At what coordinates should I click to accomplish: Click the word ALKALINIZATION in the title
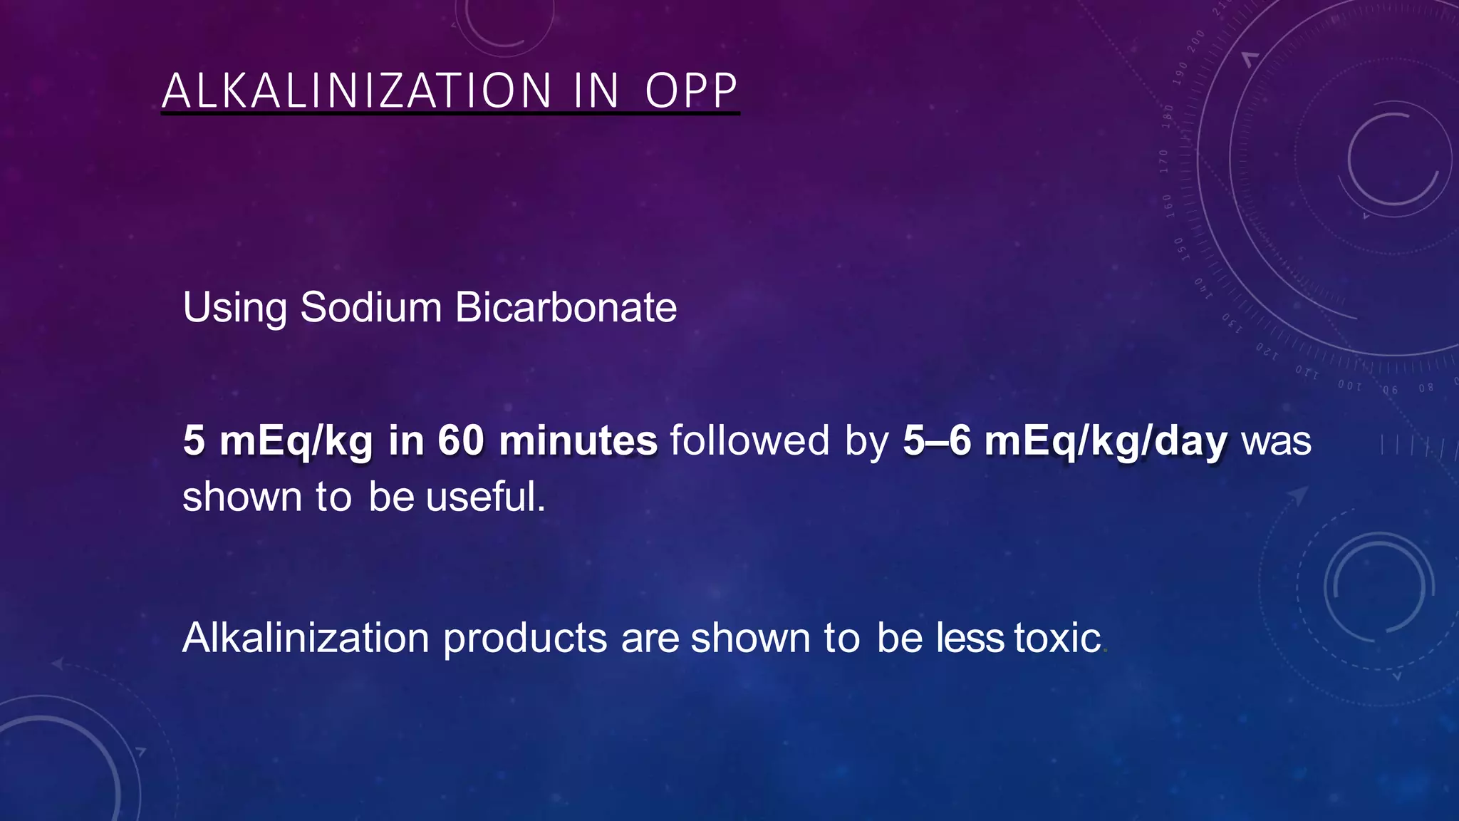tap(357, 91)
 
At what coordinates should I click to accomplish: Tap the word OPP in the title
tap(691, 91)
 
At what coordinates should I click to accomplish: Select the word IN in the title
tap(596, 91)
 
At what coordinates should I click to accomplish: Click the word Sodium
tap(371, 307)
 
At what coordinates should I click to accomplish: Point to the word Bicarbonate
tap(566, 307)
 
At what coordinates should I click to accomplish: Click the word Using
tap(235, 309)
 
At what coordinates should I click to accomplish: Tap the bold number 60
tap(461, 440)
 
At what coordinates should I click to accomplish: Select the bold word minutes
tap(578, 440)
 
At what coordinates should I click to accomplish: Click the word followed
tap(749, 440)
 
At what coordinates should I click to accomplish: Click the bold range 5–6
tap(937, 440)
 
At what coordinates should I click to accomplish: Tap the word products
tap(525, 638)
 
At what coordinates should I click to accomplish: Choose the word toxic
tap(1058, 638)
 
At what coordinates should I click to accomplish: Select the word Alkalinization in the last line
tap(306, 638)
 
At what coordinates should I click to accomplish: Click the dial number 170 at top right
tap(1163, 162)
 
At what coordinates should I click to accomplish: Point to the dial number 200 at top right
tap(1196, 39)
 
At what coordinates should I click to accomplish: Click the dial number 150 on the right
tap(1180, 249)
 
